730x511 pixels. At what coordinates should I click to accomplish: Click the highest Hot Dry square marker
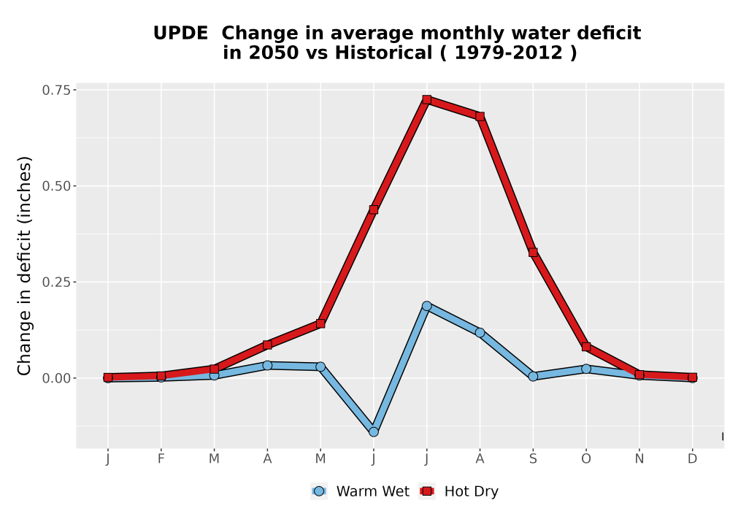(x=427, y=99)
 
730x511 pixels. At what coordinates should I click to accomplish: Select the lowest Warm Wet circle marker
(x=373, y=432)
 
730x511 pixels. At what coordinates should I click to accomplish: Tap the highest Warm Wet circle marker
(x=427, y=306)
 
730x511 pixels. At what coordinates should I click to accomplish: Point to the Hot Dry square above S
(x=533, y=253)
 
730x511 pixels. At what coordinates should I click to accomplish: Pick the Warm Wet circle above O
(x=586, y=369)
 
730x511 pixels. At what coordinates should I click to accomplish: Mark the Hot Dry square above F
(x=161, y=376)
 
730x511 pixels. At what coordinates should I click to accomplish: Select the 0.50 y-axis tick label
(x=56, y=186)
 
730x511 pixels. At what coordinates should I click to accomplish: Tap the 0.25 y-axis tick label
(x=56, y=282)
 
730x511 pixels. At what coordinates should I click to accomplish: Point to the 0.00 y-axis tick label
(x=56, y=378)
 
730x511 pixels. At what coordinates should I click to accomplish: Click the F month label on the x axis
(x=161, y=458)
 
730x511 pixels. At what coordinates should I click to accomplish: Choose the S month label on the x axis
(x=533, y=458)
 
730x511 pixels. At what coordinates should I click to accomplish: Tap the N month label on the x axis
(x=639, y=458)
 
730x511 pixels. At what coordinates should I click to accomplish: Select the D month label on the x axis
(x=692, y=458)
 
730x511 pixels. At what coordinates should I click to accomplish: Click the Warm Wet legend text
(x=373, y=491)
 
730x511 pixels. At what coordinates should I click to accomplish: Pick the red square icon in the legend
(x=427, y=491)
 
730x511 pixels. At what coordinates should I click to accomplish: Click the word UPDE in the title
(x=180, y=34)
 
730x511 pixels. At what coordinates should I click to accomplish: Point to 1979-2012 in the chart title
(x=508, y=53)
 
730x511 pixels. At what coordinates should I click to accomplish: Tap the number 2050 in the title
(x=273, y=53)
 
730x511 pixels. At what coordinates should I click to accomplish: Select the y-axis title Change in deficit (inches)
(x=24, y=266)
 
